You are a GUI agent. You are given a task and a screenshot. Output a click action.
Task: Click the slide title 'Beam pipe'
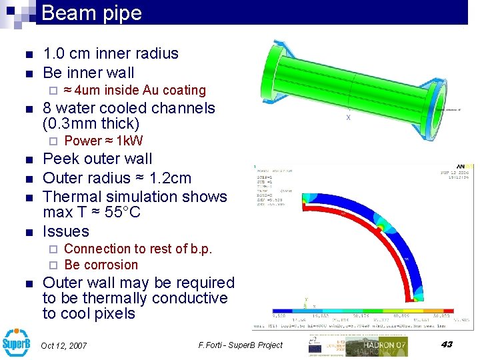tap(91, 13)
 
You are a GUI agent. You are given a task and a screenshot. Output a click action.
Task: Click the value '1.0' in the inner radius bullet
tap(56, 53)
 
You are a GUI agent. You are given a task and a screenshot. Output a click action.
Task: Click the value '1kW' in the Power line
tap(130, 141)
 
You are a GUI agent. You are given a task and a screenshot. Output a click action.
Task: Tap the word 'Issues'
tap(65, 231)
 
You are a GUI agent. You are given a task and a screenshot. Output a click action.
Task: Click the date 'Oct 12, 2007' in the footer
tap(64, 345)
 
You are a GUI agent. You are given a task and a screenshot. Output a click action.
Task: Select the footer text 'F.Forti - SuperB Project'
tap(241, 345)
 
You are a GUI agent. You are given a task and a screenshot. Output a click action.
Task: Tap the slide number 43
tap(446, 344)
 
